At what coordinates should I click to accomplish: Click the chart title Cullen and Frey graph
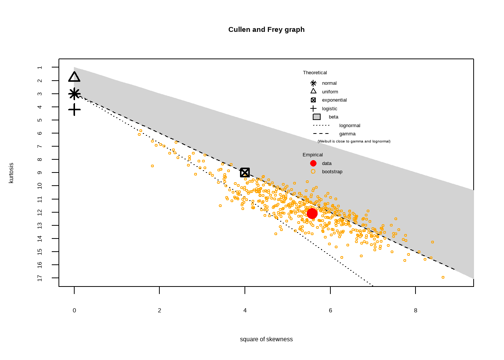point(266,30)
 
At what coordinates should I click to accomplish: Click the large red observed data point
point(312,213)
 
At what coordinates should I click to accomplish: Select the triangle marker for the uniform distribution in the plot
point(74,77)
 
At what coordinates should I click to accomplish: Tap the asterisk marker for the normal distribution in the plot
point(74,94)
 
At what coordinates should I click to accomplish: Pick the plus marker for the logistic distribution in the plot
point(74,109)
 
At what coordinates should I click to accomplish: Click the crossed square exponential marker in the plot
point(245,172)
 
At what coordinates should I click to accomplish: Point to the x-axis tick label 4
point(245,310)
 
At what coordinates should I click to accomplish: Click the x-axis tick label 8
point(415,310)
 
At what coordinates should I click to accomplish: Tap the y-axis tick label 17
point(40,278)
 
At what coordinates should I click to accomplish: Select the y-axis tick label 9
point(40,172)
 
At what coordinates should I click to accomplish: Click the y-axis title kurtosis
point(11,173)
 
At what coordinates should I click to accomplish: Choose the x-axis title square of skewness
point(266,339)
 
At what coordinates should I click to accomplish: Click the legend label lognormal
point(349,126)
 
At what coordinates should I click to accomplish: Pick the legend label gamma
point(347,134)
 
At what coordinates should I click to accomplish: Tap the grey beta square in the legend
point(316,117)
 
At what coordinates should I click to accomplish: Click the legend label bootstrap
point(332,172)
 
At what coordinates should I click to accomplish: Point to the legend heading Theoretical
point(315,73)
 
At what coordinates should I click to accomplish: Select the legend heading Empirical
point(312,155)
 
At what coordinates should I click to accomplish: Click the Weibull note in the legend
point(354,141)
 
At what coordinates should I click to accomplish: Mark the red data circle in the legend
point(313,163)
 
